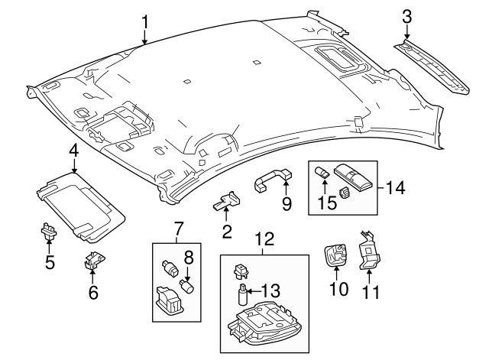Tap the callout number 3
(x=407, y=16)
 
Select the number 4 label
(x=73, y=151)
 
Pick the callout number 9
(x=287, y=204)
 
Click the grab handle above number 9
(x=274, y=182)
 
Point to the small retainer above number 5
(x=47, y=229)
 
